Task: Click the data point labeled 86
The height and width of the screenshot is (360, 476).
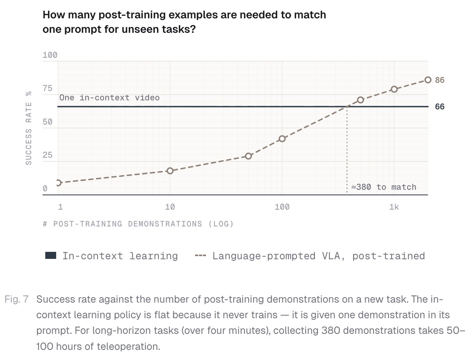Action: pos(428,80)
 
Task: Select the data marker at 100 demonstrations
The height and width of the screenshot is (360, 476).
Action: pos(282,139)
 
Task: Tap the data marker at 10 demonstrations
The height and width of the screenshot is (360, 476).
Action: pos(170,171)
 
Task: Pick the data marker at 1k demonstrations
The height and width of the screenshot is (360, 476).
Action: pos(394,89)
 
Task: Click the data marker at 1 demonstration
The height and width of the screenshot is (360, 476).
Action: pos(58,183)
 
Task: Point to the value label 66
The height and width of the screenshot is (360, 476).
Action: pos(440,107)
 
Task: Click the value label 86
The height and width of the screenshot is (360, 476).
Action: pos(440,80)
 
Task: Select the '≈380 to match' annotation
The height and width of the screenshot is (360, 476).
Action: pos(384,187)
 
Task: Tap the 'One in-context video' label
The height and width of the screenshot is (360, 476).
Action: pos(110,98)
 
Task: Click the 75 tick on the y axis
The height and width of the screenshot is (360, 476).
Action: pos(48,88)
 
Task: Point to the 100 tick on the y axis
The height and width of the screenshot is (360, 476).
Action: pos(50,55)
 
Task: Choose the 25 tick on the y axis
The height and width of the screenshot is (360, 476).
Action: pos(48,155)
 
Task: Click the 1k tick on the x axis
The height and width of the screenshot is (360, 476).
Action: pos(394,207)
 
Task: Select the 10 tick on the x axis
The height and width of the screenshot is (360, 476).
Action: pos(170,207)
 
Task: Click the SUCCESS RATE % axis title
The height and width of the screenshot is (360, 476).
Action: pos(28,128)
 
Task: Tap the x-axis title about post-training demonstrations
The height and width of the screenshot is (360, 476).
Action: pos(138,224)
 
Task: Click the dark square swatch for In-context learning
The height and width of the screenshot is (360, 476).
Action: pos(51,255)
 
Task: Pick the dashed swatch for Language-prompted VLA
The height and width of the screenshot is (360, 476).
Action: pos(201,256)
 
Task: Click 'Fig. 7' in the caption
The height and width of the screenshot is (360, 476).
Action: pos(17,299)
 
